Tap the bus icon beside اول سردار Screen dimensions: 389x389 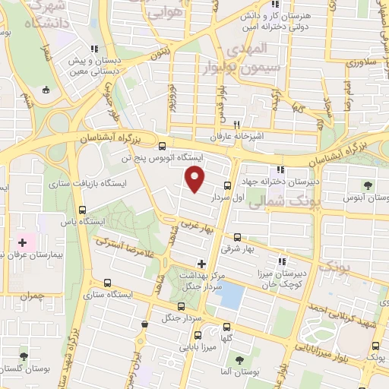point(228,185)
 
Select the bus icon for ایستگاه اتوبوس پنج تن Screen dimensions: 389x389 point(163,146)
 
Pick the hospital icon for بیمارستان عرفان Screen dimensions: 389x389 point(22,244)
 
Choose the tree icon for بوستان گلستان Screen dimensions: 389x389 point(24,355)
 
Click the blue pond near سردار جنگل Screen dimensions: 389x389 point(231,293)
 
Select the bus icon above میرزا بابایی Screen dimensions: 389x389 point(199,334)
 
